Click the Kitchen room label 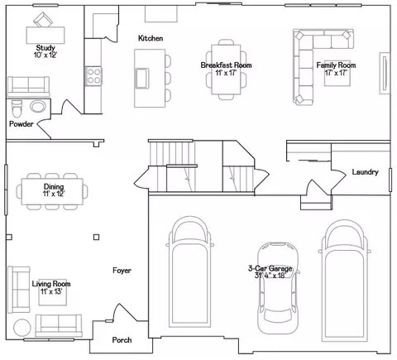click(151, 38)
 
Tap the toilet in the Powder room click(17, 108)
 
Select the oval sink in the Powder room click(38, 106)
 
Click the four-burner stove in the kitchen click(93, 76)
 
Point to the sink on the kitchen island click(141, 79)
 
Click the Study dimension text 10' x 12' click(45, 55)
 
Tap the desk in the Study click(45, 35)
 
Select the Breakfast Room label click(226, 65)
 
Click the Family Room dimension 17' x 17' click(336, 73)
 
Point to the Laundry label click(365, 172)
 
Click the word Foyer click(122, 271)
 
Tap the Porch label click(122, 340)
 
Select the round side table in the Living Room click(22, 328)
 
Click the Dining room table click(52, 191)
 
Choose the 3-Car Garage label click(270, 268)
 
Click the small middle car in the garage click(278, 288)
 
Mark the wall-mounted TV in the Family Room click(385, 73)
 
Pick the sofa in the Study click(28, 86)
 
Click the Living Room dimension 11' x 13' click(51, 291)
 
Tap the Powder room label click(22, 124)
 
